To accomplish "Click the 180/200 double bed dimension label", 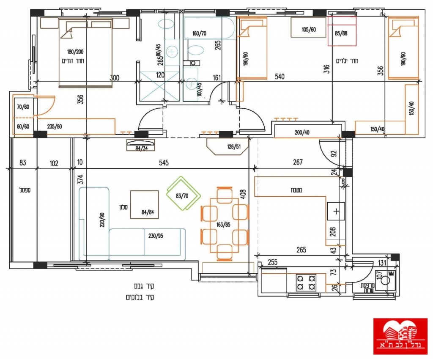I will [x=76, y=52].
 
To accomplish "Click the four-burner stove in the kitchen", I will [x=306, y=283].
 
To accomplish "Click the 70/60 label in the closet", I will [x=23, y=107].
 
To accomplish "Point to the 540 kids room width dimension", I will [x=280, y=77].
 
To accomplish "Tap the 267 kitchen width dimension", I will [x=298, y=162].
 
